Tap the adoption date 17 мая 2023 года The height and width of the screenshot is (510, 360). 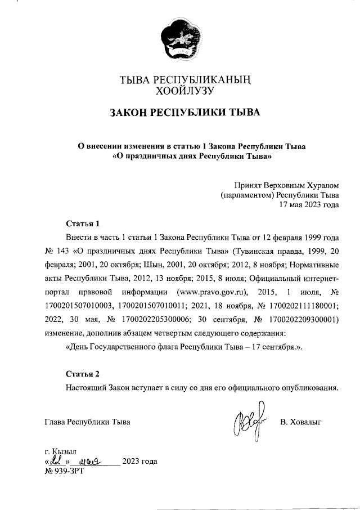309,205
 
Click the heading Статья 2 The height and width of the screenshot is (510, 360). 82,374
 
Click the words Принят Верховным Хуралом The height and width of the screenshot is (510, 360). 286,185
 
